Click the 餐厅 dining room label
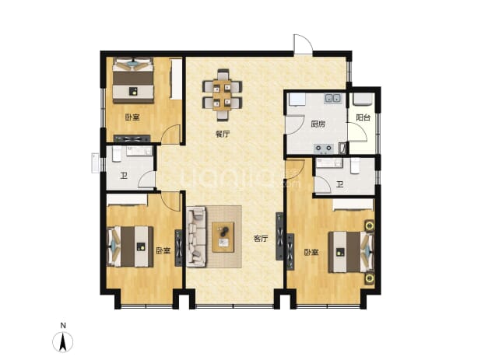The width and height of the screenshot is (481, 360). click(223, 134)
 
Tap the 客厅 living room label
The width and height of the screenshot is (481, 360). click(261, 239)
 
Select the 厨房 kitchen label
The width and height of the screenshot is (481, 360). click(318, 124)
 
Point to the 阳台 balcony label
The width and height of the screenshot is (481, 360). click(363, 117)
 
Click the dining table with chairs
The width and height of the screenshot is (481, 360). click(223, 95)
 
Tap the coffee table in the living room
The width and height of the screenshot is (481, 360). click(223, 237)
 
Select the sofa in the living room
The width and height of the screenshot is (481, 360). click(195, 236)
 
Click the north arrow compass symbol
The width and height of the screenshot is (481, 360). click(63, 341)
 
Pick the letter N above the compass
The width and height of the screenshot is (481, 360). click(63, 326)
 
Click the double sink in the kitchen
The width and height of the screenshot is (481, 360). click(332, 98)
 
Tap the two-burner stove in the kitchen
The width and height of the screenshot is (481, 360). click(324, 149)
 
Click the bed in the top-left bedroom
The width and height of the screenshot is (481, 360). click(133, 81)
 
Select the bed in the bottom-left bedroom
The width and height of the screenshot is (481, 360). click(130, 246)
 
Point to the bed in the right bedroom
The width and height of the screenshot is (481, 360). click(351, 252)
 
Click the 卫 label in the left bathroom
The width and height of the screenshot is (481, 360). click(124, 177)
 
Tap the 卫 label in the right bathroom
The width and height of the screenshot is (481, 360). click(339, 185)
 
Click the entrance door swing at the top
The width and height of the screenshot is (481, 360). click(303, 44)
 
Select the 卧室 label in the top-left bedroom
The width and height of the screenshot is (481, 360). click(132, 117)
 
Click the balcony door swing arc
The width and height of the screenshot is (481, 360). click(358, 132)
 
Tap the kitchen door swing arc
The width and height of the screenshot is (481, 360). click(294, 124)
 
